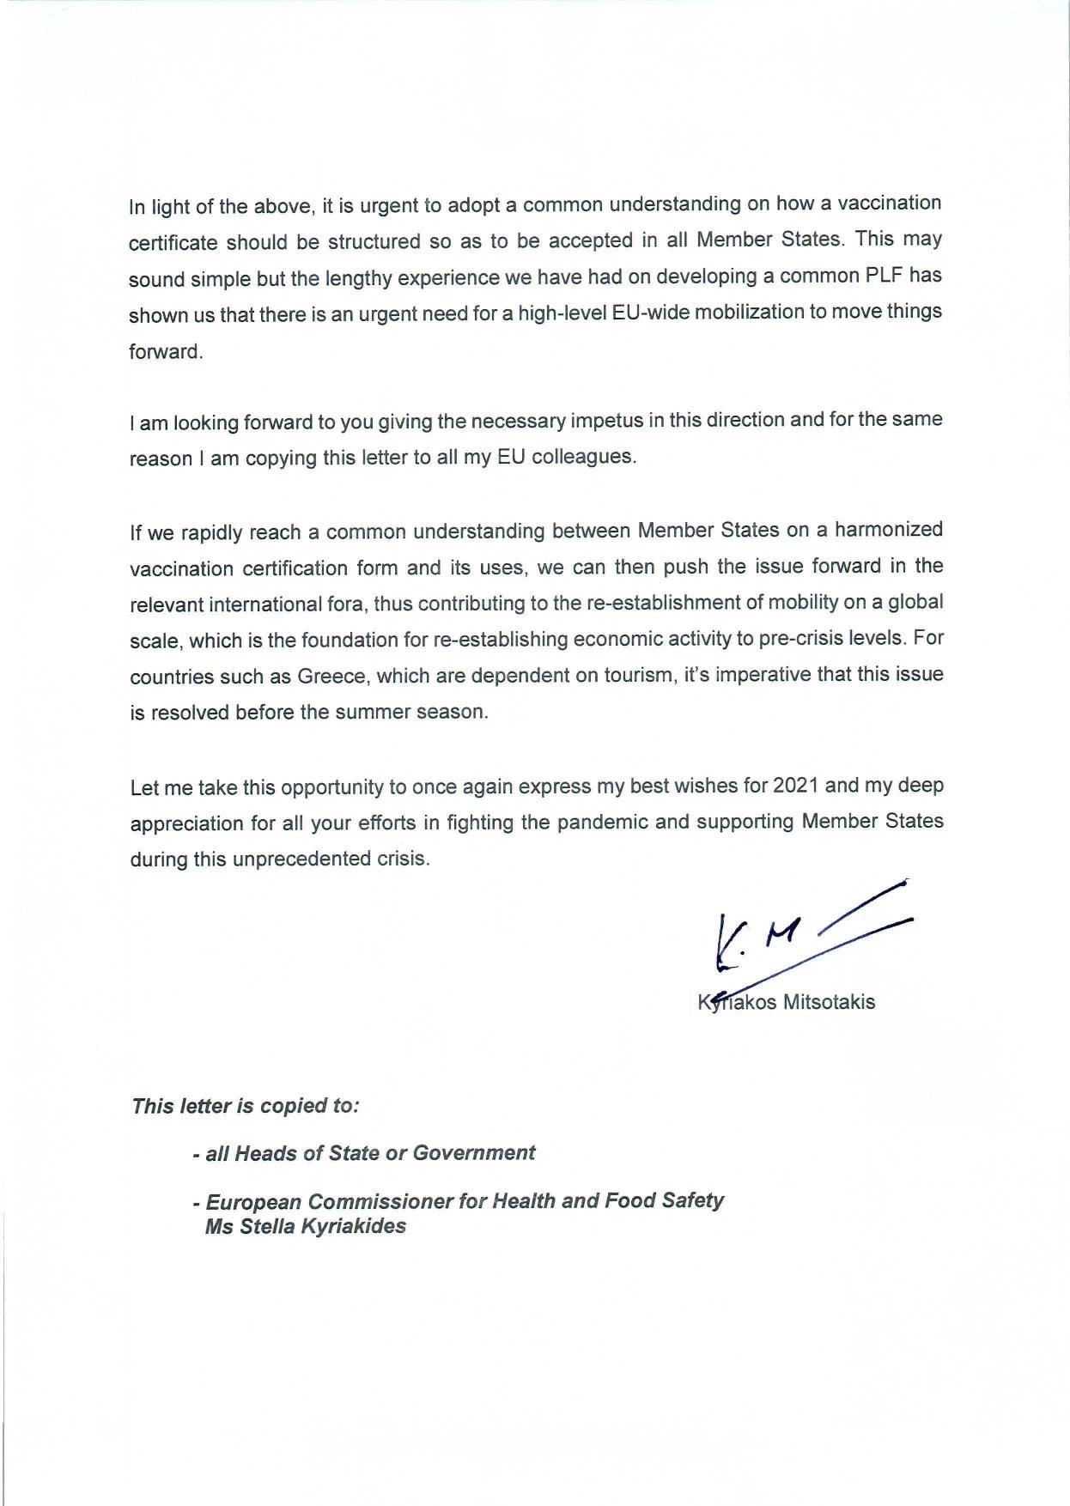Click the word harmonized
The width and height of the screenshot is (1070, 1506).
[x=889, y=529]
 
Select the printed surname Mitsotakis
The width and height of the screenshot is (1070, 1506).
[x=829, y=1002]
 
